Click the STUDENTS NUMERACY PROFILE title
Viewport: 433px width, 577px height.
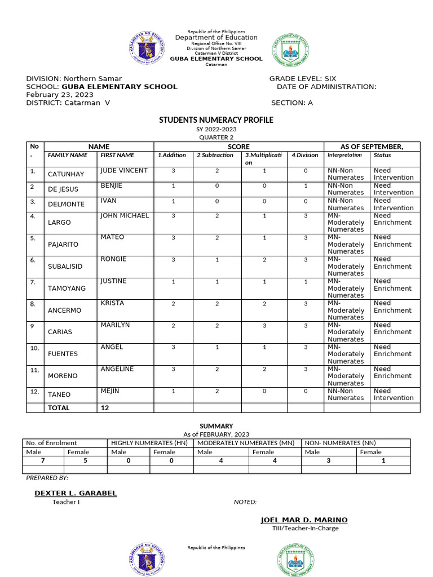216,120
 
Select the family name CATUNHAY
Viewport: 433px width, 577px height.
67,174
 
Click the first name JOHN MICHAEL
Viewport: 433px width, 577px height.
125,215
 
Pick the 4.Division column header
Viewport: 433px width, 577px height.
305,155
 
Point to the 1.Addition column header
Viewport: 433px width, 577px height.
172,155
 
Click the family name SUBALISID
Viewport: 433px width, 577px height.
67,267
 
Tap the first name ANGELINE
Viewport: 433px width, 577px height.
117,369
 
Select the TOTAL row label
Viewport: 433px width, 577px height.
59,408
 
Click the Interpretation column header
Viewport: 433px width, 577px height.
344,155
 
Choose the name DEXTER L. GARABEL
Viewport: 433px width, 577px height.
76,493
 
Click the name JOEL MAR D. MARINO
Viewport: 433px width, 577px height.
304,520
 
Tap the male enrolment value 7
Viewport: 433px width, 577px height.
43,460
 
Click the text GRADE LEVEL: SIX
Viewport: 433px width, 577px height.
302,78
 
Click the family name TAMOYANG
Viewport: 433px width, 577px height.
67,288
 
